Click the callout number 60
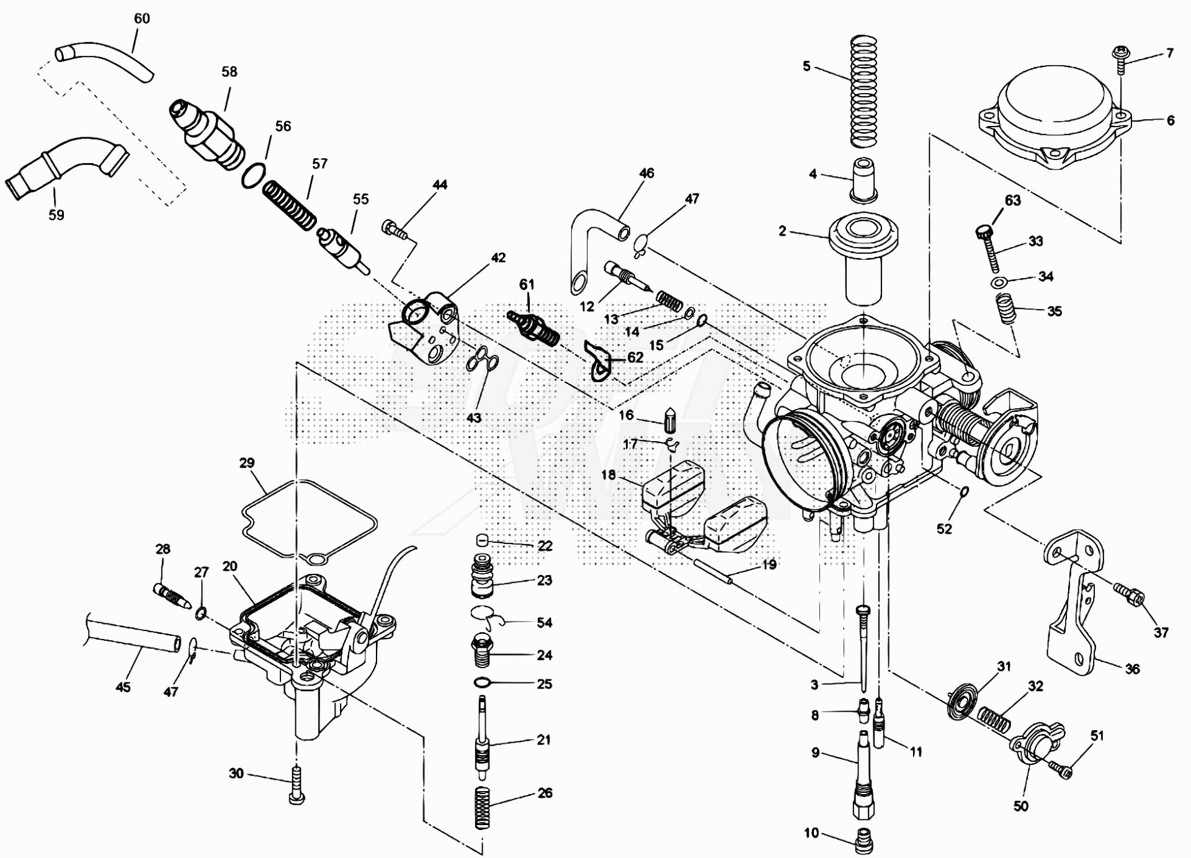point(142,19)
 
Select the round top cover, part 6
point(1054,125)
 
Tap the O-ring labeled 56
point(254,176)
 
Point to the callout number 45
point(123,687)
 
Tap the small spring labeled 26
point(483,807)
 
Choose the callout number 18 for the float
point(608,475)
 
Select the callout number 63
point(1012,200)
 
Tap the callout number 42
point(498,257)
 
